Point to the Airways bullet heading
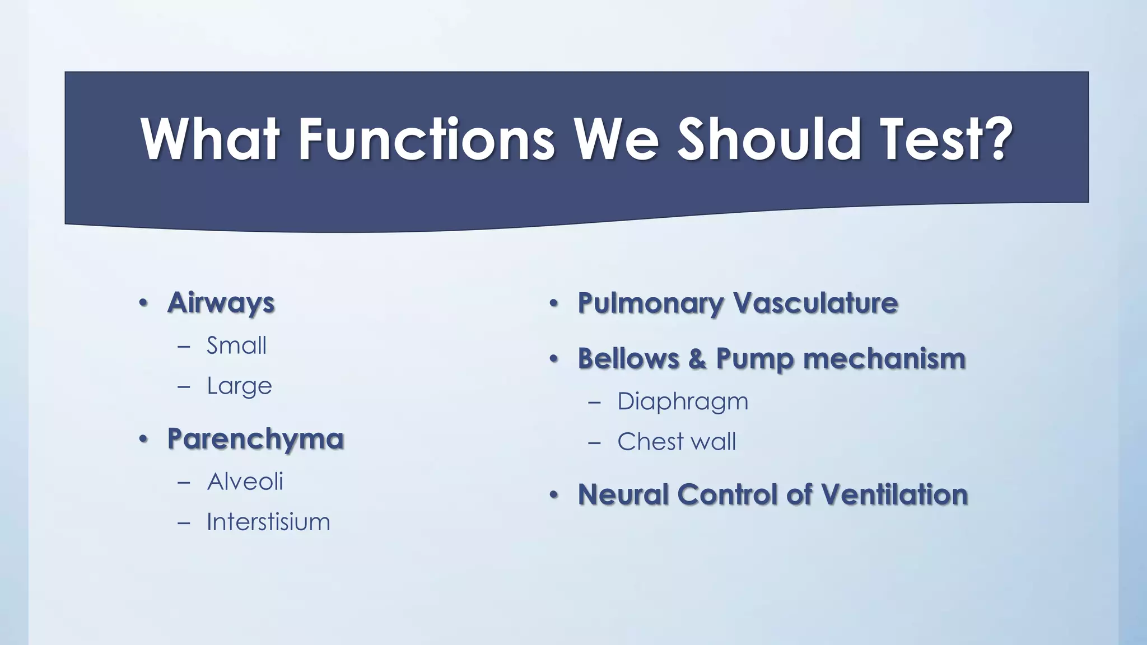click(221, 303)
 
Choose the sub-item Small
click(236, 345)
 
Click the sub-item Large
click(239, 386)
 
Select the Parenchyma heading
click(255, 439)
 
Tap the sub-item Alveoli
click(245, 482)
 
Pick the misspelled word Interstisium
click(268, 522)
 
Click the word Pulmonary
click(651, 303)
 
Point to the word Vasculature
click(815, 303)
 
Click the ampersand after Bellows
click(697, 359)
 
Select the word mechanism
click(884, 359)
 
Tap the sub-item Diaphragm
click(682, 402)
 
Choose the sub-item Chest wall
click(677, 442)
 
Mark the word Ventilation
click(894, 495)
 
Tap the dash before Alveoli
click(184, 482)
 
